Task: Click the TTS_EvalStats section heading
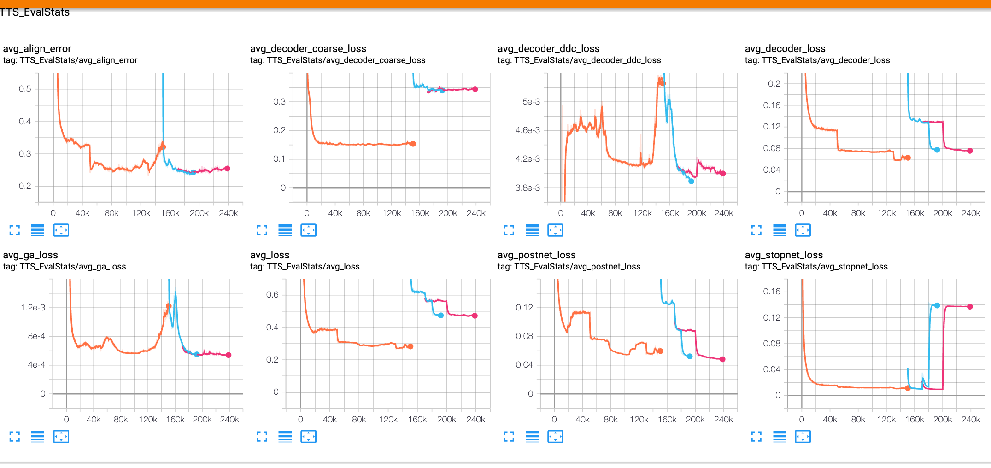pyautogui.click(x=35, y=12)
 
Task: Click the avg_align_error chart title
pyautogui.click(x=37, y=48)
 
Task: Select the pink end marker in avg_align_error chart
pyautogui.click(x=227, y=169)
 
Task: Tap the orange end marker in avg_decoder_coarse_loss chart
pyautogui.click(x=413, y=144)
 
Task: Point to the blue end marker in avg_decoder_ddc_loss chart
pyautogui.click(x=691, y=181)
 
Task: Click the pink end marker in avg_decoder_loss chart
pyautogui.click(x=970, y=151)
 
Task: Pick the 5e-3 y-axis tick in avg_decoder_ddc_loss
pyautogui.click(x=531, y=101)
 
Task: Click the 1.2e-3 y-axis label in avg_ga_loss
pyautogui.click(x=33, y=307)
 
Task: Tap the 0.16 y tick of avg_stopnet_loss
pyautogui.click(x=772, y=291)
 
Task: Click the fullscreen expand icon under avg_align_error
pyautogui.click(x=15, y=230)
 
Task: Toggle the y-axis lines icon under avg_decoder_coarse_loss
pyautogui.click(x=285, y=230)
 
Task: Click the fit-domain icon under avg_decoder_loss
pyautogui.click(x=803, y=230)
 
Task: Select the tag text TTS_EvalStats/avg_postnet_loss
pyautogui.click(x=577, y=266)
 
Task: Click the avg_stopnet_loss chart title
pyautogui.click(x=784, y=255)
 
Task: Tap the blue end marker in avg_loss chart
pyautogui.click(x=441, y=316)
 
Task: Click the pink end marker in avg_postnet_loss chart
pyautogui.click(x=722, y=359)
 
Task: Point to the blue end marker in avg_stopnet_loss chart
pyautogui.click(x=937, y=305)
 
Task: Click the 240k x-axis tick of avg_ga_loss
pyautogui.click(x=229, y=419)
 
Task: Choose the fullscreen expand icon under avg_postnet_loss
pyautogui.click(x=509, y=436)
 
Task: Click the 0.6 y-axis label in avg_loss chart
pyautogui.click(x=272, y=294)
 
